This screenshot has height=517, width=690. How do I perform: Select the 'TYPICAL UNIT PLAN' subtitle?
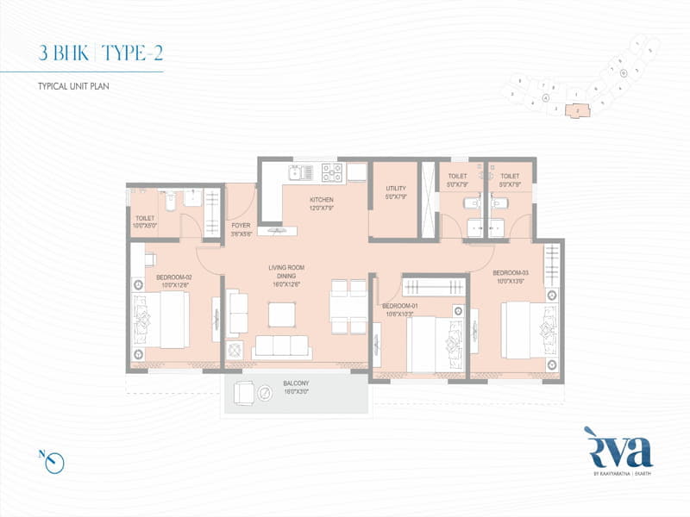(x=72, y=87)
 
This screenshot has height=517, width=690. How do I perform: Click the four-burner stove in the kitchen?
(x=332, y=172)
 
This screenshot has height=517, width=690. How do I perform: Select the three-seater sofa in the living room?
(x=280, y=346)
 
